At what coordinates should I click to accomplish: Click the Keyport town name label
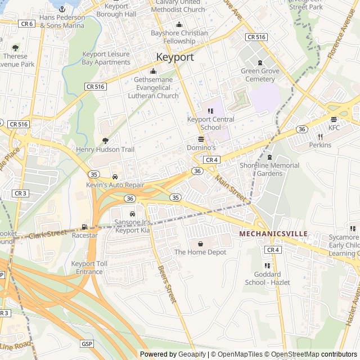pos(175,57)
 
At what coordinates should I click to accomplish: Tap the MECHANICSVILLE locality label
pos(273,233)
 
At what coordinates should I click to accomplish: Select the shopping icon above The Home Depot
pos(200,243)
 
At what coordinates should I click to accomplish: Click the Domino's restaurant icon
pos(201,139)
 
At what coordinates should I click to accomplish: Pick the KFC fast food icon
pos(334,119)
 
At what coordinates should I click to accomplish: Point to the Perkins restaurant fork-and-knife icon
pos(320,137)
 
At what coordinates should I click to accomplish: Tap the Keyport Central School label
pos(211,123)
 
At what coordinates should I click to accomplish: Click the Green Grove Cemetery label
pos(259,75)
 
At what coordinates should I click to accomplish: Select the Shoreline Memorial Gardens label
pos(269,169)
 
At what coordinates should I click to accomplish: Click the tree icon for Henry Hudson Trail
pos(105,141)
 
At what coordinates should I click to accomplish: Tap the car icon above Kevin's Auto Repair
pos(115,177)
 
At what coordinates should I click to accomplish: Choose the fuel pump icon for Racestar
pos(84,227)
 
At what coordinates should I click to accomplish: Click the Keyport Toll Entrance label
pos(87,268)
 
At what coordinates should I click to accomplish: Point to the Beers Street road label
pos(168,283)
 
